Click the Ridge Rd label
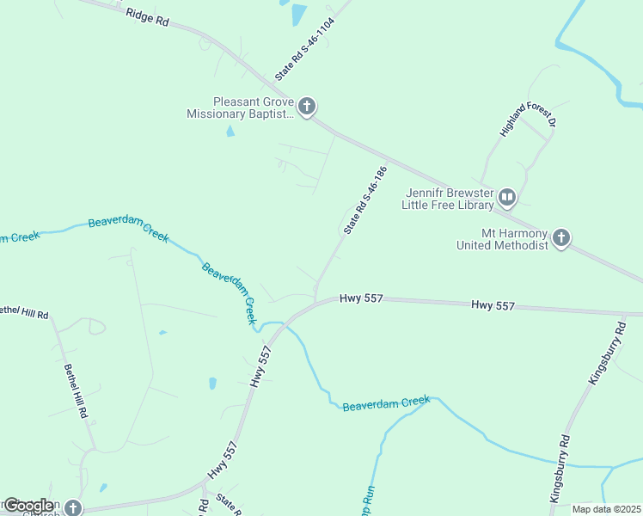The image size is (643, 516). tap(147, 16)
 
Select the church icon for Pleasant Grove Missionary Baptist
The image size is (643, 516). tap(307, 107)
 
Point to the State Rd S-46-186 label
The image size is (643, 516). tap(365, 200)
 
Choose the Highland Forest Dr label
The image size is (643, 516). tap(529, 114)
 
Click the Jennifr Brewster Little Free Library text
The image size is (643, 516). tap(450, 200)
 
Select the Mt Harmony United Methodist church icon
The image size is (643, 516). tap(561, 238)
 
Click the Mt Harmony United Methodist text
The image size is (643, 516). tap(502, 239)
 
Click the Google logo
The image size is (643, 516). tap(28, 506)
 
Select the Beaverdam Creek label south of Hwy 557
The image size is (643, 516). tap(385, 402)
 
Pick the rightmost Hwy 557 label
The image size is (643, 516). tap(493, 305)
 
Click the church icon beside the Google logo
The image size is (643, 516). tap(73, 508)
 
